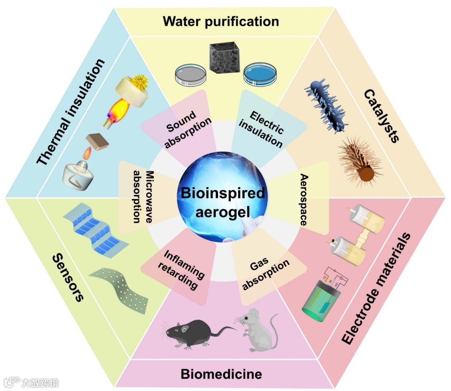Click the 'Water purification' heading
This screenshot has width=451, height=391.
coord(221,21)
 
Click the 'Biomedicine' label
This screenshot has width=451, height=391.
coord(221,374)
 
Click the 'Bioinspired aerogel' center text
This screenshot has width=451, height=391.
coord(223,202)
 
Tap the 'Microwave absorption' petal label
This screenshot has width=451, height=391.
coord(140,197)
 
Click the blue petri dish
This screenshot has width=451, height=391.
coord(260,73)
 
